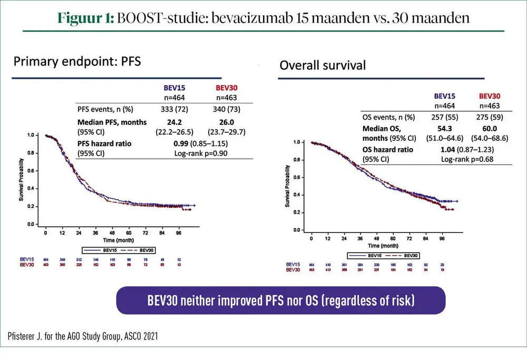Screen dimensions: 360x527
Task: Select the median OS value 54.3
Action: pyautogui.click(x=446, y=129)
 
